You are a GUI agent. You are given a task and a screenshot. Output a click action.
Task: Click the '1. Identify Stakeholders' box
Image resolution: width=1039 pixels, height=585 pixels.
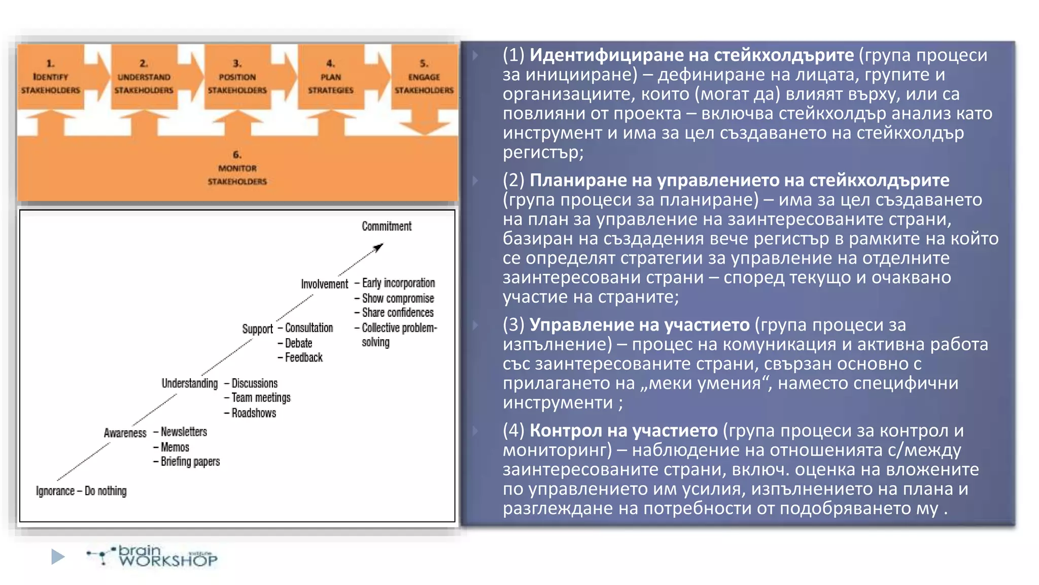coord(50,77)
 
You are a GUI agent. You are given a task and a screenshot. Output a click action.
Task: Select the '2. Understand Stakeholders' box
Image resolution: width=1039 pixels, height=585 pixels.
coord(144,77)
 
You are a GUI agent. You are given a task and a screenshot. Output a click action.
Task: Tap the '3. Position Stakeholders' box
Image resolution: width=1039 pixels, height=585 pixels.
coord(237,77)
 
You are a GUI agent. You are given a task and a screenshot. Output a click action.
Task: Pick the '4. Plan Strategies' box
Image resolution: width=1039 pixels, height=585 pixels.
coord(330,77)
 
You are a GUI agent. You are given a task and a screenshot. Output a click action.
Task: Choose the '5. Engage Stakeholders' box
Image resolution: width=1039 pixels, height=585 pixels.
coord(424,77)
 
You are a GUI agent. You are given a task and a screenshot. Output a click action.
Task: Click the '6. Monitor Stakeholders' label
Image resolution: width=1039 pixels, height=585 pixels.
coord(237,168)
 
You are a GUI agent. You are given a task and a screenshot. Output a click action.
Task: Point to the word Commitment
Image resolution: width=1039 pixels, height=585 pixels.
coord(387,226)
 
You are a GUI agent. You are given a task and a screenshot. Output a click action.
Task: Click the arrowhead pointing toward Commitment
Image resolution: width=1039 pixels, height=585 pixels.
coord(378,248)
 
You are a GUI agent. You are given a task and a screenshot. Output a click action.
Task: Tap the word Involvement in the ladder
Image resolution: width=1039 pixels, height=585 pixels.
coord(324,284)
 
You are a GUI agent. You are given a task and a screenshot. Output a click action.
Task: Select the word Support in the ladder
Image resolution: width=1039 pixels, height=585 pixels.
coord(257,329)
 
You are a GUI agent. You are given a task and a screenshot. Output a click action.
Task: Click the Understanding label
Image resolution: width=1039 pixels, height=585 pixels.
coord(190,383)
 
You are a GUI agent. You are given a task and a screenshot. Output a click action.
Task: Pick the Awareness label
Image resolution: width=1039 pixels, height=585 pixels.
coord(125,433)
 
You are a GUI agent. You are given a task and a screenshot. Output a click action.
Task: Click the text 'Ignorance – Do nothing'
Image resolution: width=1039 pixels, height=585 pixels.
coord(81,491)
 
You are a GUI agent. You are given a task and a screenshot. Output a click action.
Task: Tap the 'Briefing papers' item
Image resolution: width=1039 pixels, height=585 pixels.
coord(190,462)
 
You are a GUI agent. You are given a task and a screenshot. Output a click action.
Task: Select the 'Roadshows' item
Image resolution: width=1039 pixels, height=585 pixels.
coord(254,413)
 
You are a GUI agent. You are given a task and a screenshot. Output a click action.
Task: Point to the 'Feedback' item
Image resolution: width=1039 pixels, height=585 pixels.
coord(303,357)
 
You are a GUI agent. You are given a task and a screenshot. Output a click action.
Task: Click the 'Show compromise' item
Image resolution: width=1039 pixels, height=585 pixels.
coord(398,298)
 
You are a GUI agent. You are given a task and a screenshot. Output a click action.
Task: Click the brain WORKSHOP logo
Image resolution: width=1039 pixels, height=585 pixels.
coord(152,557)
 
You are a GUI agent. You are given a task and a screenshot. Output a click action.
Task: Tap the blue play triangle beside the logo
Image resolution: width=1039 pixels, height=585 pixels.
coord(58,557)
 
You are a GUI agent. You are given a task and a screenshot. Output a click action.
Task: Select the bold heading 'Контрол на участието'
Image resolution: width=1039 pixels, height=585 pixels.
coord(624,431)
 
